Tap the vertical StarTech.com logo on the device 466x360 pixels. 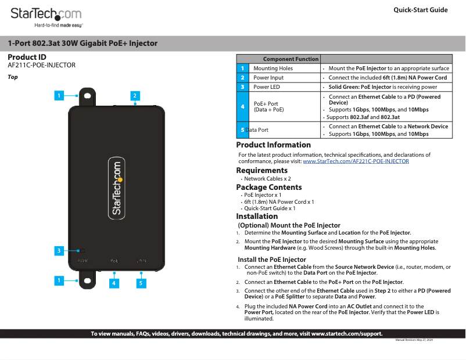[x=116, y=189]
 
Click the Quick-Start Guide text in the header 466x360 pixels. [x=420, y=10]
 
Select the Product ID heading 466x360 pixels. [x=27, y=57]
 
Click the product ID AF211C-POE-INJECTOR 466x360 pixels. [x=41, y=65]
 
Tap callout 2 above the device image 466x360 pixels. [x=134, y=95]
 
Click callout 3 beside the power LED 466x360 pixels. [x=59, y=251]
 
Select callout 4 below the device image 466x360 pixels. [x=114, y=283]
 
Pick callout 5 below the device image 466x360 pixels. [x=141, y=283]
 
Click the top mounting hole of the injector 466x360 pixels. [x=87, y=96]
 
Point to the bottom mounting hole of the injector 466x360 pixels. [x=87, y=281]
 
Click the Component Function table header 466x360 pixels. [x=291, y=59]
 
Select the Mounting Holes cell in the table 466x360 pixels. [x=273, y=69]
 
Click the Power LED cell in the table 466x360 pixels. [x=267, y=87]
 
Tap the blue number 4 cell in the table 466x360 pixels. [x=242, y=106]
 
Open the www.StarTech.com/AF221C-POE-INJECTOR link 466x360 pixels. [x=356, y=161]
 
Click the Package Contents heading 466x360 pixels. [x=268, y=187]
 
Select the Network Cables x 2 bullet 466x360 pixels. [x=267, y=179]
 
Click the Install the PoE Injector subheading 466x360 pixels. [x=272, y=260]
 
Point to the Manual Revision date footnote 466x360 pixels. [x=414, y=340]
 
